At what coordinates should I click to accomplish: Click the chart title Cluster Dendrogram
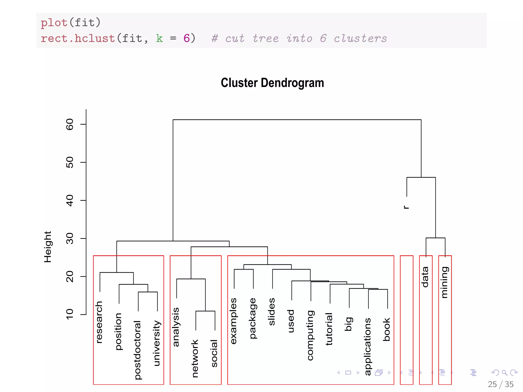pyautogui.click(x=272, y=83)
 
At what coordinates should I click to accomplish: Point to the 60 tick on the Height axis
pyautogui.click(x=70, y=124)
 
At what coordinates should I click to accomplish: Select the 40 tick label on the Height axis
pyautogui.click(x=70, y=200)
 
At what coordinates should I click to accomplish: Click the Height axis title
pyautogui.click(x=48, y=247)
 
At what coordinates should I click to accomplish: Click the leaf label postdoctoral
pyautogui.click(x=138, y=350)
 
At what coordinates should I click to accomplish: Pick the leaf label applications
pyautogui.click(x=367, y=346)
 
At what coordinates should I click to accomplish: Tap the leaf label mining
pyautogui.click(x=444, y=282)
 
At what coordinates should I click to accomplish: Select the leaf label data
pyautogui.click(x=425, y=277)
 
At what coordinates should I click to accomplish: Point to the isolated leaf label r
pyautogui.click(x=406, y=207)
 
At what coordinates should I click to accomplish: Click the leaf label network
pyautogui.click(x=195, y=358)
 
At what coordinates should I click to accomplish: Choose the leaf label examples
pyautogui.click(x=233, y=321)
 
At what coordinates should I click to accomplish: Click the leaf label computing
pyautogui.click(x=310, y=335)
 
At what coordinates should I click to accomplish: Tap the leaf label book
pyautogui.click(x=387, y=329)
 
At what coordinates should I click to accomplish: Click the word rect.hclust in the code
pyautogui.click(x=78, y=39)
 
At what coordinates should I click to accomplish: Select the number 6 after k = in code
pyautogui.click(x=187, y=39)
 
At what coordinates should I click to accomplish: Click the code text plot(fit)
pyautogui.click(x=71, y=23)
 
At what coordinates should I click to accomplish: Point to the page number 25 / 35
pyautogui.click(x=500, y=384)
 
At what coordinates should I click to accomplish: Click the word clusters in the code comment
pyautogui.click(x=360, y=39)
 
